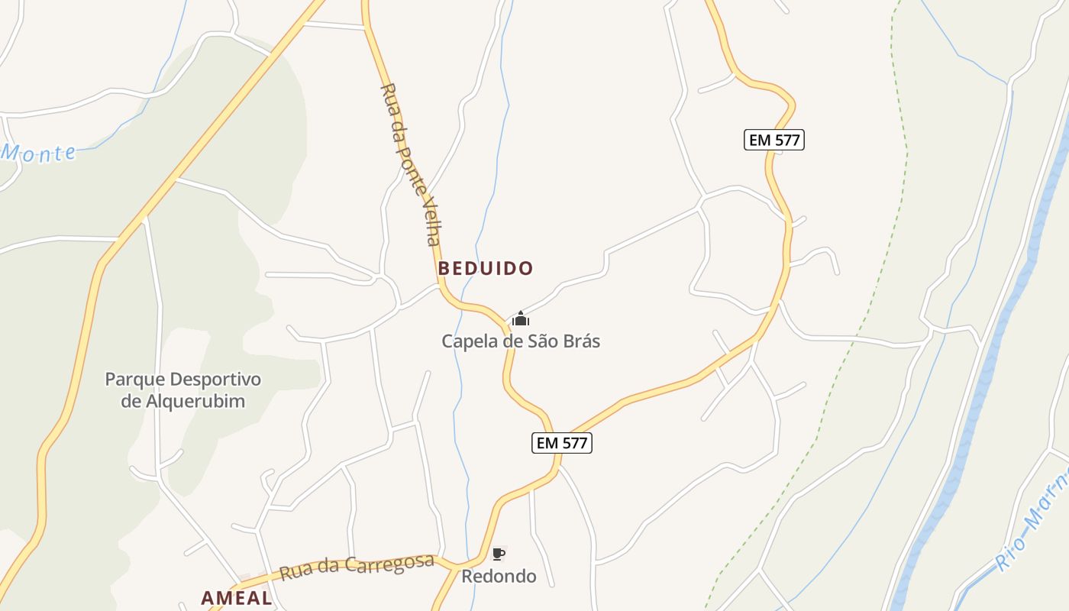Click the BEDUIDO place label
486,269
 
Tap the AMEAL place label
237,598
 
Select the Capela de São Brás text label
521,341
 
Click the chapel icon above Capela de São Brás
521,318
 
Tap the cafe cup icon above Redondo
499,554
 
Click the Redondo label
499,576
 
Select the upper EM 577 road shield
774,140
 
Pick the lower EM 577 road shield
562,442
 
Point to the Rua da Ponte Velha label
411,164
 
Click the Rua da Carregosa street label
357,567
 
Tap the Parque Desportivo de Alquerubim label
183,390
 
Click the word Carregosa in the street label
386,564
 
